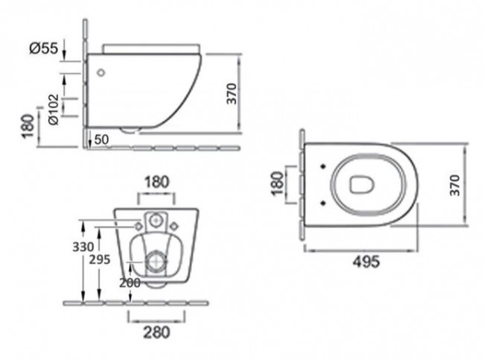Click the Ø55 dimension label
[x=44, y=48]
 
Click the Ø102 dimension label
[x=54, y=110]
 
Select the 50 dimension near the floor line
[x=101, y=139]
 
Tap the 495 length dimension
[x=366, y=262]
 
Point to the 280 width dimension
[x=156, y=332]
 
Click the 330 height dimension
[x=83, y=247]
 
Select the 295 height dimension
[x=99, y=259]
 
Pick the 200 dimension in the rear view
[x=130, y=282]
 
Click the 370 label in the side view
[x=232, y=94]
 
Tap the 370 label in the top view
[x=455, y=185]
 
